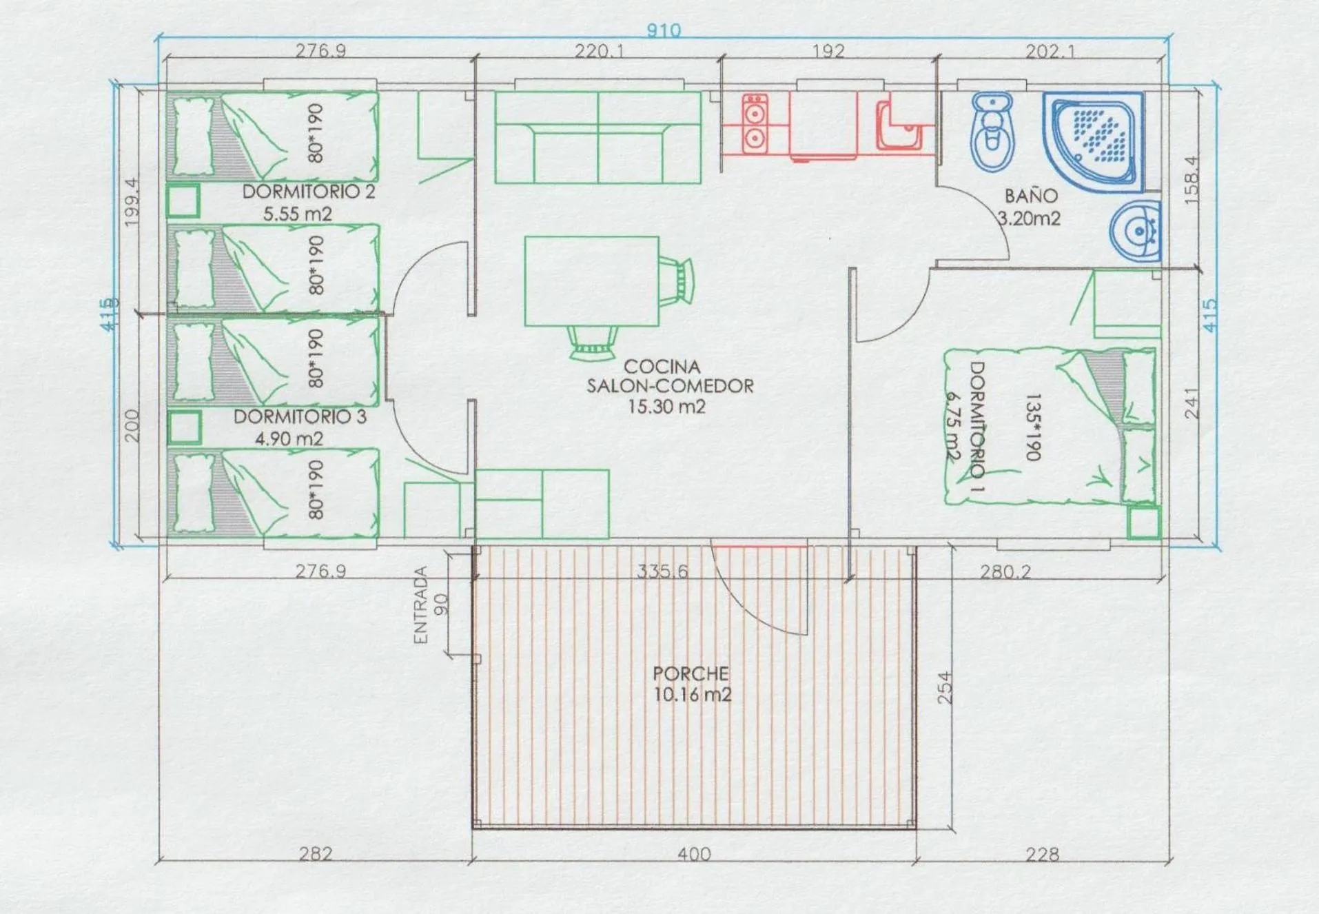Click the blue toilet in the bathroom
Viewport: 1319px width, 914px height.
click(992, 131)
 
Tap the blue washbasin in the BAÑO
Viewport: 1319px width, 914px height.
click(1136, 231)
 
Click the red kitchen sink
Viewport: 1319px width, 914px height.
click(898, 126)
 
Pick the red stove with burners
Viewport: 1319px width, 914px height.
click(755, 123)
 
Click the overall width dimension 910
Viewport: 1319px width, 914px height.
click(664, 30)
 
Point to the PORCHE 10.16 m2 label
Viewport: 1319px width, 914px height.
click(691, 684)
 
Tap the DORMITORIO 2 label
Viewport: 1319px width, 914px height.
click(308, 192)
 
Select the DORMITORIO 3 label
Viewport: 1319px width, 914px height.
click(300, 417)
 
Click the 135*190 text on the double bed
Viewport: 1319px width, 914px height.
click(1032, 427)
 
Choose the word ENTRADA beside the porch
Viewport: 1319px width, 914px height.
click(420, 605)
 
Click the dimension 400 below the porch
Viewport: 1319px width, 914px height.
click(693, 855)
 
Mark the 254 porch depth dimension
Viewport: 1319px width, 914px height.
click(945, 687)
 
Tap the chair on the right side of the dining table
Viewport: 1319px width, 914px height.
click(677, 281)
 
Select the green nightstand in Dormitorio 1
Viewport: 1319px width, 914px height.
click(1143, 522)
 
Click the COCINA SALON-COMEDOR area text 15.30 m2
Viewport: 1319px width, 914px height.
click(666, 407)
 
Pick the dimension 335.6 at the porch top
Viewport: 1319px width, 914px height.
click(662, 571)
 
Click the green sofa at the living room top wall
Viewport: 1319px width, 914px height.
click(597, 138)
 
